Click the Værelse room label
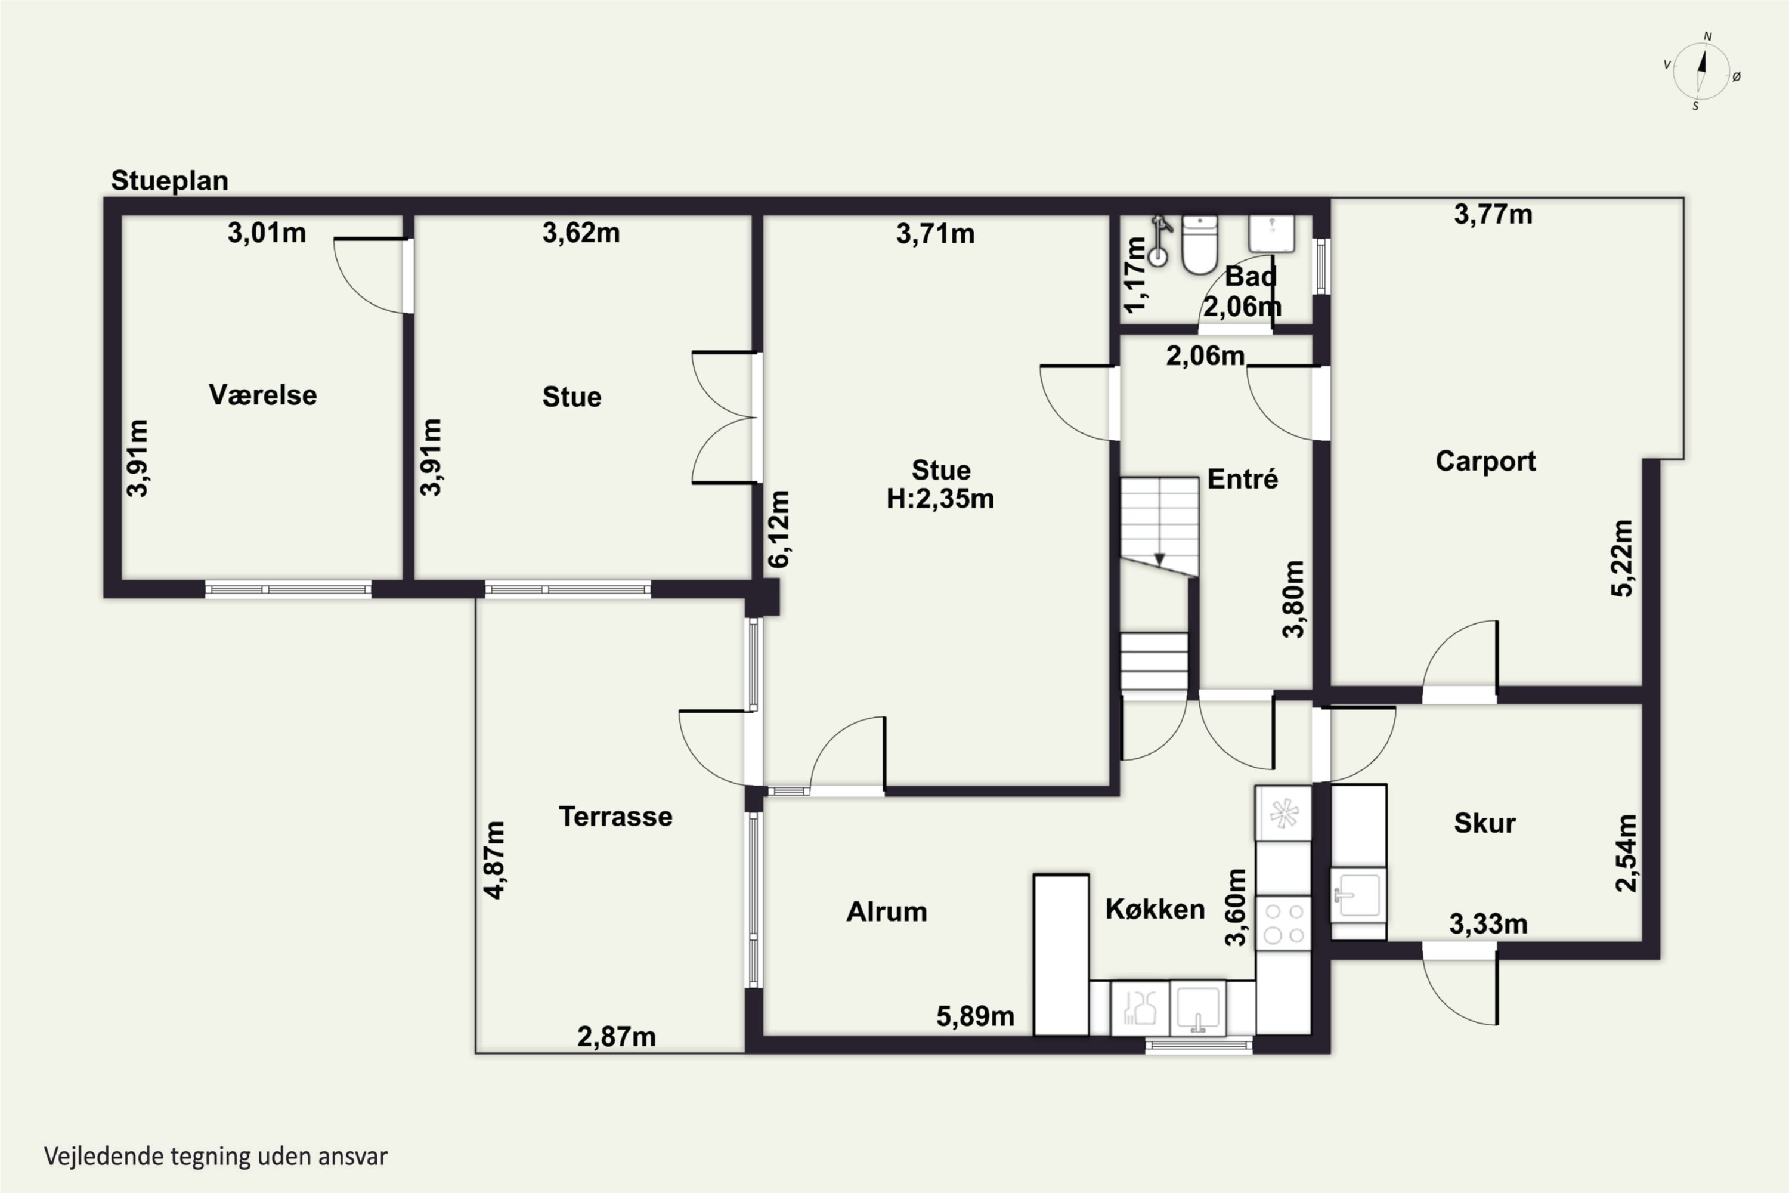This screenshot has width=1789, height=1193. point(262,395)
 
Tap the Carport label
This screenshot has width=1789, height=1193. point(1485,461)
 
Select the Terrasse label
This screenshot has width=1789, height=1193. point(615,817)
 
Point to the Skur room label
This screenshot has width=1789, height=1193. point(1484,823)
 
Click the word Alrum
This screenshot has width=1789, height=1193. point(886,911)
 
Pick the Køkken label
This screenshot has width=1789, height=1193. point(1155,908)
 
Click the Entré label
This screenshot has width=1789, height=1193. point(1242,478)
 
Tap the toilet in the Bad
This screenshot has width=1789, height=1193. point(1199,244)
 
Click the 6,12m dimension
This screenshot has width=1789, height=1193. point(779,528)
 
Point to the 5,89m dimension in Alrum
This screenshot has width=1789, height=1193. point(975,1016)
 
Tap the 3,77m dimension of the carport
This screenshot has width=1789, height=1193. point(1493,215)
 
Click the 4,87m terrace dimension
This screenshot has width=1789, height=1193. point(494,860)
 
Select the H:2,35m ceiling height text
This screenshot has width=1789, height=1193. point(940,498)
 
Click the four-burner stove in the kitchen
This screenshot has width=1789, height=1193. point(1283,923)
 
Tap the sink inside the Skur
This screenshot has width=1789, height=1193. point(1358,895)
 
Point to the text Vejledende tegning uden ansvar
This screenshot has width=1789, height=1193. point(216,1157)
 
